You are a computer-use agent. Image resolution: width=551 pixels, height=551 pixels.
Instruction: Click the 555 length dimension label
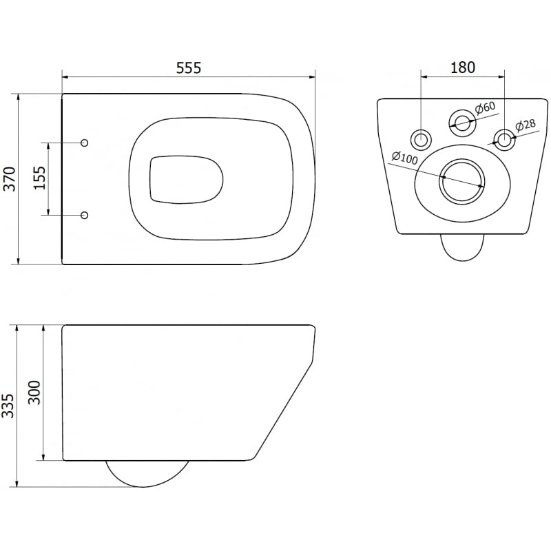click(189, 67)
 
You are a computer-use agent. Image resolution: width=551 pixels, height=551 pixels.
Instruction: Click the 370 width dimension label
click(10, 179)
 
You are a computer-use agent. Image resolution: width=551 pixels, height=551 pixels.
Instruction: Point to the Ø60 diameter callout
click(486, 107)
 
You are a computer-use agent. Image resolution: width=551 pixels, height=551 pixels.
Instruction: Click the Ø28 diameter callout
click(526, 125)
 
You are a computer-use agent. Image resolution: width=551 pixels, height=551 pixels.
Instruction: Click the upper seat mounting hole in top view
click(85, 143)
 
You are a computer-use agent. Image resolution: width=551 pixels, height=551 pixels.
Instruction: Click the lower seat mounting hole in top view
click(85, 216)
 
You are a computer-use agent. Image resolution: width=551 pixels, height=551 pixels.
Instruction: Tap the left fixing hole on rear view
click(420, 138)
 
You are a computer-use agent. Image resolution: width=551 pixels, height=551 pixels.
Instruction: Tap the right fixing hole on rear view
click(505, 138)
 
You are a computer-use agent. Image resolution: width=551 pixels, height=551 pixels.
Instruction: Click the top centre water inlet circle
click(462, 123)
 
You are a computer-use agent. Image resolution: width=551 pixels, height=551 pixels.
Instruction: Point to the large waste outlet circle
click(462, 181)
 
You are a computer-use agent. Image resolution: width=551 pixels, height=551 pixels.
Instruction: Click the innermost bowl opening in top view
click(186, 179)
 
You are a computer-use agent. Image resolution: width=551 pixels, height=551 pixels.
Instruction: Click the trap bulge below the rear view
click(462, 248)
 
